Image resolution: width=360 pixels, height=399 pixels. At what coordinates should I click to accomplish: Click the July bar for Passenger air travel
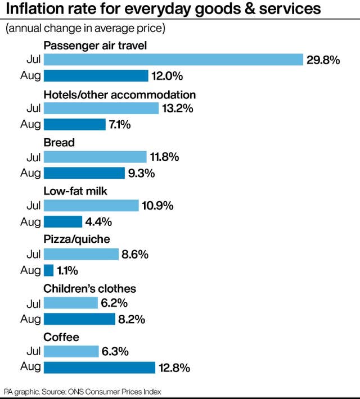point(173,60)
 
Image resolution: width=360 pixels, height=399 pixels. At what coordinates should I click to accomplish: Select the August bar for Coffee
point(100,368)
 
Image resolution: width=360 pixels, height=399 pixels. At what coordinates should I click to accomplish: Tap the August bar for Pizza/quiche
point(49,270)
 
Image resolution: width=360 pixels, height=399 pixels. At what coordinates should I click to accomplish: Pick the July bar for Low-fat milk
point(91,205)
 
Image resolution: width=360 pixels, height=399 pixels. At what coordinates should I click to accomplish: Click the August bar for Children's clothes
point(79,319)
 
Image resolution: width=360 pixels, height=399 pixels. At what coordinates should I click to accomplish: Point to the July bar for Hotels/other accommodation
point(101,108)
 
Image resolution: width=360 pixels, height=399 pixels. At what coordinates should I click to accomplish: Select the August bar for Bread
point(84,173)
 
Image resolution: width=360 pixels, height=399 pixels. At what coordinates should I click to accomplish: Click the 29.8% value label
point(323,60)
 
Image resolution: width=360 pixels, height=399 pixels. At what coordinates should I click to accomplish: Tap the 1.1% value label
point(67,270)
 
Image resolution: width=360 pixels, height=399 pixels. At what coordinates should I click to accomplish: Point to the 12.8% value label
point(174,368)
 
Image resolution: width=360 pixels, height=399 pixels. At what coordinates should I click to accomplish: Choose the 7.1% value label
point(120,125)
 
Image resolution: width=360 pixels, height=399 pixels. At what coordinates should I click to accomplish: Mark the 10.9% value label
point(157,206)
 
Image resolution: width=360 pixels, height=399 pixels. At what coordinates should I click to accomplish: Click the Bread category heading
point(59,143)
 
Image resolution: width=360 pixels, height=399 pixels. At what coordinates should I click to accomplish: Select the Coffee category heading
point(61,337)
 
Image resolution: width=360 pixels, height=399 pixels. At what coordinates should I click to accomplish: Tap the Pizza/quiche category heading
point(76,239)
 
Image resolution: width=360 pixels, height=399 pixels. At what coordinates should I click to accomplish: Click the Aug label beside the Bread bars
point(30,173)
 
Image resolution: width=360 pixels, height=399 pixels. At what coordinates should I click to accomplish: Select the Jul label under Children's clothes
point(34,303)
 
